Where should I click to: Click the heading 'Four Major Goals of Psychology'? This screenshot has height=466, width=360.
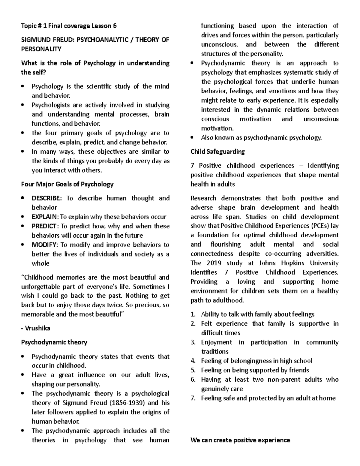click(x=67, y=184)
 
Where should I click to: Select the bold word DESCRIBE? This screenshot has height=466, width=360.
click(x=46, y=198)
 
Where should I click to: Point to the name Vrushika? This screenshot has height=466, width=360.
click(x=37, y=328)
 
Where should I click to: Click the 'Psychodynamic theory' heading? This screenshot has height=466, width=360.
click(x=54, y=342)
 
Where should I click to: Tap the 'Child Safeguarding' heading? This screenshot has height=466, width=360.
click(x=217, y=152)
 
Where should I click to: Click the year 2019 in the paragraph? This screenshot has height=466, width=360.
click(x=214, y=263)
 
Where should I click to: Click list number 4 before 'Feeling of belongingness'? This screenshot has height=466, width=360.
click(x=193, y=361)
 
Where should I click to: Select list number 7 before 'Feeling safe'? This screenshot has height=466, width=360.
click(x=193, y=398)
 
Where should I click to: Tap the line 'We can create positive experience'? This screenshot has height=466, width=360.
click(x=240, y=440)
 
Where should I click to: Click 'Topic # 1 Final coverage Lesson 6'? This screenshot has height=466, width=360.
click(x=69, y=26)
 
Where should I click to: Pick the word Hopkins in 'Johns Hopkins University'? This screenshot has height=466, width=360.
click(x=292, y=263)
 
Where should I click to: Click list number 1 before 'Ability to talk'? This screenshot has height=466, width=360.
click(x=193, y=314)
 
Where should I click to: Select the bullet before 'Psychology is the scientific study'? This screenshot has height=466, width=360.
click(x=23, y=87)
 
